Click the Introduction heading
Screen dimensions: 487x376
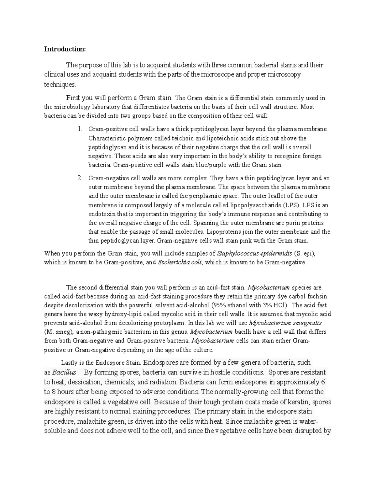click(x=65, y=49)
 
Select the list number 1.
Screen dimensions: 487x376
click(x=80, y=129)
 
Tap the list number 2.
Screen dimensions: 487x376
click(x=80, y=178)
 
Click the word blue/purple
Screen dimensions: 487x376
click(x=207, y=165)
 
